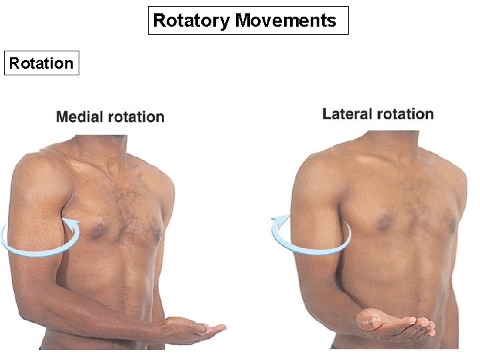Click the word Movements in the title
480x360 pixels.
pyautogui.click(x=286, y=21)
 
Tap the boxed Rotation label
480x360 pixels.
pyautogui.click(x=41, y=63)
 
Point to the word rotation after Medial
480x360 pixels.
pyautogui.click(x=137, y=117)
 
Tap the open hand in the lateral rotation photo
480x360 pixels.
pyautogui.click(x=393, y=324)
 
